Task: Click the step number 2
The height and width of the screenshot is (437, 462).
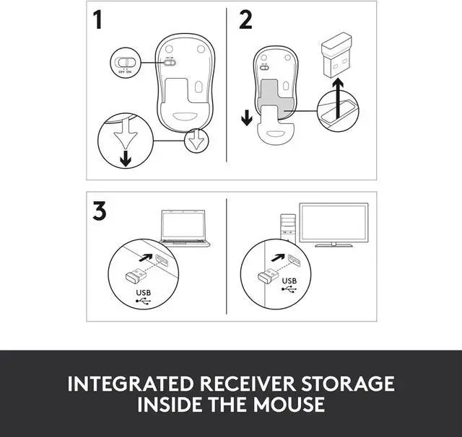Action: tap(246, 21)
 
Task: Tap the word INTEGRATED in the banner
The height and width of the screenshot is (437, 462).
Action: tap(134, 383)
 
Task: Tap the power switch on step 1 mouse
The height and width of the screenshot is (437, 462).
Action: tap(170, 61)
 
